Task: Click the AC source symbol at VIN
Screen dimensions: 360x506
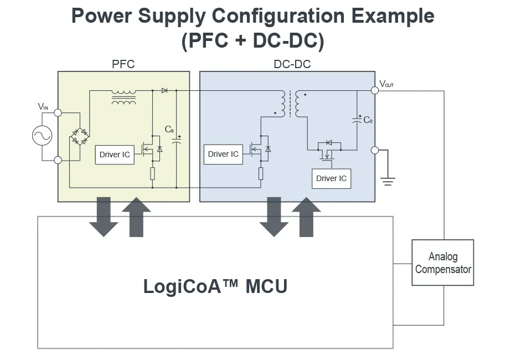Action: tap(42, 136)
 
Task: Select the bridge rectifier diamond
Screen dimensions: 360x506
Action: tap(81, 136)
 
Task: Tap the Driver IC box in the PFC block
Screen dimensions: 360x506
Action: tap(115, 155)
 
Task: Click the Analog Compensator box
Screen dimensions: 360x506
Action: tap(443, 263)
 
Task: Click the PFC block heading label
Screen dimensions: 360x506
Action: tap(123, 64)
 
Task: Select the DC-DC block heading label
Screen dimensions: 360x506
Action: tap(292, 64)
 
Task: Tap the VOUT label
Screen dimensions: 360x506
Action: tap(387, 84)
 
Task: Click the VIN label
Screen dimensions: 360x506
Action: tap(44, 106)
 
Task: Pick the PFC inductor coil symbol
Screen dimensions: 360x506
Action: tap(123, 97)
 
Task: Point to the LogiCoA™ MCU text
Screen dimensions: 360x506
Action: tap(215, 286)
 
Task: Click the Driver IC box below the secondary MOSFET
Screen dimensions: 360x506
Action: tap(331, 178)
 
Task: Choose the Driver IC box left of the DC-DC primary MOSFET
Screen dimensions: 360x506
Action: tap(223, 154)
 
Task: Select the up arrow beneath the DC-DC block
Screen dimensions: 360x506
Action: tap(306, 217)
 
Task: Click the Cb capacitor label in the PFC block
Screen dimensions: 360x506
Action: tap(169, 130)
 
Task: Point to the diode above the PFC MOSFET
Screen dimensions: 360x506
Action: tap(164, 90)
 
